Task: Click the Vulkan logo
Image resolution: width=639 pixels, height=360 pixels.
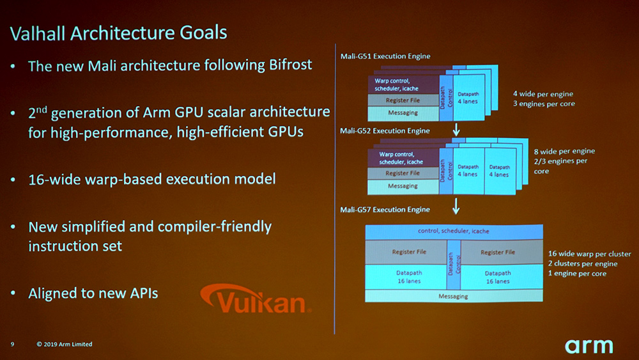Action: coord(256,299)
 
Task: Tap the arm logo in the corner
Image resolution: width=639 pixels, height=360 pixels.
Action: coord(589,346)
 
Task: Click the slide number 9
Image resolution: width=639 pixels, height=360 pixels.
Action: coord(12,344)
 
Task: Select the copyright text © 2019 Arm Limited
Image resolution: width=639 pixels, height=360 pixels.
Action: coord(65,344)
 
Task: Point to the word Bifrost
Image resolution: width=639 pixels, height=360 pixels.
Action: coord(291,65)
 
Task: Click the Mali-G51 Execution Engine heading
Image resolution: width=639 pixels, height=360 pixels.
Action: coord(385,56)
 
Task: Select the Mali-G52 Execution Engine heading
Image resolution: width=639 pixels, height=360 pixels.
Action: coord(385,131)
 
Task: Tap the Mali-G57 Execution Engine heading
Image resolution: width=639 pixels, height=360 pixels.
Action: coord(385,210)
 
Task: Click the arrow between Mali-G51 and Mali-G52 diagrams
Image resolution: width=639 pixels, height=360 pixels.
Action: coord(456,130)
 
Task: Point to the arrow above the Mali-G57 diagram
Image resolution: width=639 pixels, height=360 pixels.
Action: coord(456,207)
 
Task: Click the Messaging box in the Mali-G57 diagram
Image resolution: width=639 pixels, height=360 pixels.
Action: coord(454,296)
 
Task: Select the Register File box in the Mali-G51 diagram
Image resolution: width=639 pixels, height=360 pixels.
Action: coord(403,100)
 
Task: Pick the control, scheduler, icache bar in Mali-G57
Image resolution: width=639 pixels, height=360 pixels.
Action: coord(454,231)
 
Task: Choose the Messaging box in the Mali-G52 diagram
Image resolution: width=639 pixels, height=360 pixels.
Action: coord(403,186)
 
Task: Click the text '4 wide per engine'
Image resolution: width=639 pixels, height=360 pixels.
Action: coord(543,94)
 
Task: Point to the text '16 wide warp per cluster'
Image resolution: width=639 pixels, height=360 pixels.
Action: coord(589,254)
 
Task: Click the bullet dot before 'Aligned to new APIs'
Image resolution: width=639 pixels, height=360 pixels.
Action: coord(13,293)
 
